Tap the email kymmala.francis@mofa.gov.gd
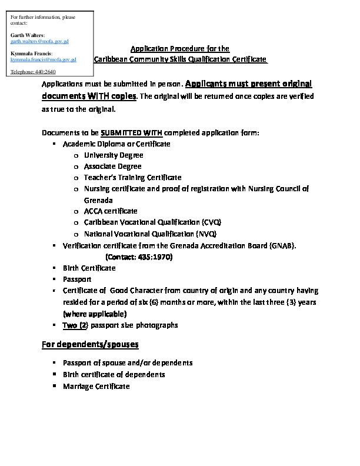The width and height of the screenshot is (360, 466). [43, 59]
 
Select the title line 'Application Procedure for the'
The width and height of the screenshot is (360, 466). [179, 48]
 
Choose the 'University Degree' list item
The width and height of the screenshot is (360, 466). [114, 155]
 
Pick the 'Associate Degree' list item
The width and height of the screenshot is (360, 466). [113, 167]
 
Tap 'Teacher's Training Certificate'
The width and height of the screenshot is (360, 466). [132, 177]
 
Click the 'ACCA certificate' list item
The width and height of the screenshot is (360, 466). [111, 211]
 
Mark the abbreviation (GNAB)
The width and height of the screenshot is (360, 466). [282, 245]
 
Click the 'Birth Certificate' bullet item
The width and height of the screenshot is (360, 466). [89, 268]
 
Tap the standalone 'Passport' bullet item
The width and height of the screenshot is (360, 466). [77, 279]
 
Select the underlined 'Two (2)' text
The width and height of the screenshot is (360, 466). [75, 325]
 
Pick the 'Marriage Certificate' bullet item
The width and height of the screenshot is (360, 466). [96, 386]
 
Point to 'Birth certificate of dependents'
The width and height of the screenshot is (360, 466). [114, 375]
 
